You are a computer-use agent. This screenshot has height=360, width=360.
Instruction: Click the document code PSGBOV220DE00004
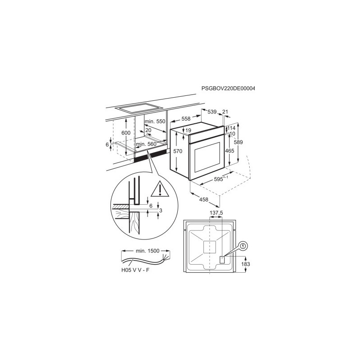pyautogui.click(x=228, y=88)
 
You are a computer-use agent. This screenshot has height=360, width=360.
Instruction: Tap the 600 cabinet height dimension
pyautogui.click(x=126, y=133)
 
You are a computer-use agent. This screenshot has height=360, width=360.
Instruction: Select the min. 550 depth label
pyautogui.click(x=155, y=121)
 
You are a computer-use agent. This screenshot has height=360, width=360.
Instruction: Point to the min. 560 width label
pyautogui.click(x=146, y=144)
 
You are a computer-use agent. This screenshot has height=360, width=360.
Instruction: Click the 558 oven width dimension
pyautogui.click(x=186, y=119)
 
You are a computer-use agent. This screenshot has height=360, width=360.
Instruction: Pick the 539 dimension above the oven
pyautogui.click(x=212, y=112)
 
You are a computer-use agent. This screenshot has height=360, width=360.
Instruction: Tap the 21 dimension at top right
pyautogui.click(x=225, y=112)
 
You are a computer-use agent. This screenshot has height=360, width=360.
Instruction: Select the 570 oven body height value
pyautogui.click(x=178, y=151)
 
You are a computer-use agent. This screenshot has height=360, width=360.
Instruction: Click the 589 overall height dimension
pyautogui.click(x=238, y=142)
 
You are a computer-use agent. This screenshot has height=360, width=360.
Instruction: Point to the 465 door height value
pyautogui.click(x=229, y=151)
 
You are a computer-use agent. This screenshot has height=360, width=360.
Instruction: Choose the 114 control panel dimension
pyautogui.click(x=231, y=128)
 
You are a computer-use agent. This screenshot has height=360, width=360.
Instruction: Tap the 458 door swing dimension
pyautogui.click(x=204, y=199)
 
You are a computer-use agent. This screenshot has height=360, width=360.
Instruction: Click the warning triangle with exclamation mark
pyautogui.click(x=160, y=189)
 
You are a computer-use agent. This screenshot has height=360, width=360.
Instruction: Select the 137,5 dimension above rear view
pyautogui.click(x=216, y=213)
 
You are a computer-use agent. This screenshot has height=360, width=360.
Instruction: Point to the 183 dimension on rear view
pyautogui.click(x=245, y=264)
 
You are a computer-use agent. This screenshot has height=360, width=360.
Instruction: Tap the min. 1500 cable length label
pyautogui.click(x=148, y=251)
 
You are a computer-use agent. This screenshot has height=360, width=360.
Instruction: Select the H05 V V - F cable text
pyautogui.click(x=135, y=270)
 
